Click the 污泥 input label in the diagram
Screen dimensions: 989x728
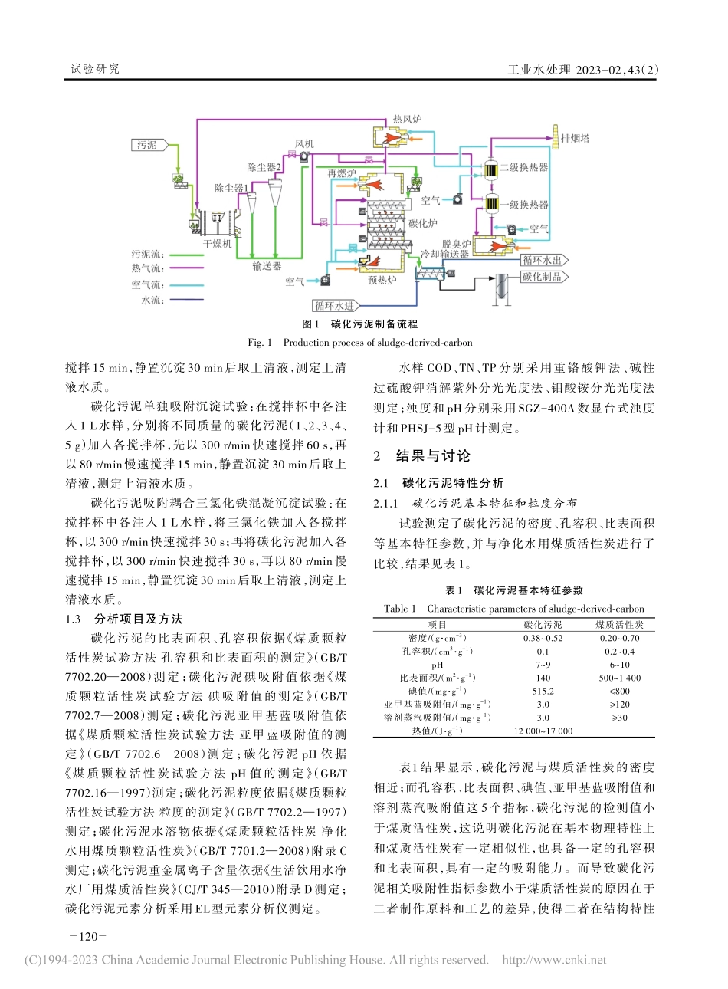(147, 145)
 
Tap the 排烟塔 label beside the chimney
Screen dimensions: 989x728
(575, 139)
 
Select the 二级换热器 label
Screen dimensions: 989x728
(523, 167)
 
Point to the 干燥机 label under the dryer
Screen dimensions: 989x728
(217, 244)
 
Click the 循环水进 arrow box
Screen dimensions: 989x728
(334, 305)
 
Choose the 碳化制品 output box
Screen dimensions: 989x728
(542, 277)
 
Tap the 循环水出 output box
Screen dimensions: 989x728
(542, 261)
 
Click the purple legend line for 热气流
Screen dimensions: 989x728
(186, 268)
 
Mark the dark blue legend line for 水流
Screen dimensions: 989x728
(186, 301)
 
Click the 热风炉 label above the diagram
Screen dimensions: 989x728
(407, 119)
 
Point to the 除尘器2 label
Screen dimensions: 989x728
(264, 167)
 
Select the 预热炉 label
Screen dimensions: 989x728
(382, 280)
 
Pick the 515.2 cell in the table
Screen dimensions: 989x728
(543, 691)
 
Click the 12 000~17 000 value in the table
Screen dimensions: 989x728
(543, 731)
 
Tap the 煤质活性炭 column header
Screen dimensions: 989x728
(619, 625)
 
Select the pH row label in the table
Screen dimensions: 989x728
(437, 665)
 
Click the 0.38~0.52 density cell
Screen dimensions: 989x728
(543, 638)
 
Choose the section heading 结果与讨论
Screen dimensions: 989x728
(433, 456)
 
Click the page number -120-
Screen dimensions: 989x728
(87, 936)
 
